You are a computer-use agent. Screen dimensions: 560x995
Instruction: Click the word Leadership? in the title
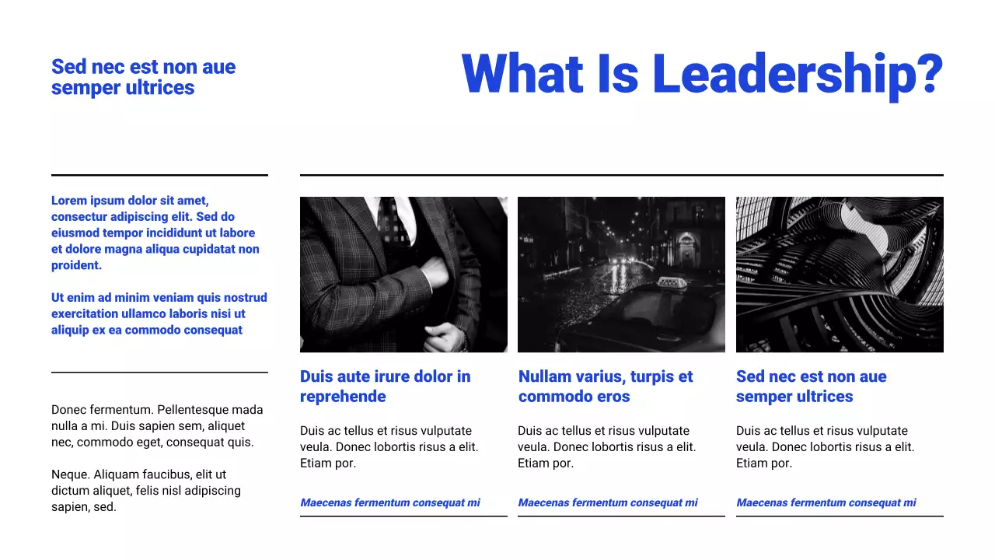coord(798,75)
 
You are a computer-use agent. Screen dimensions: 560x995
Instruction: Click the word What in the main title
coord(522,75)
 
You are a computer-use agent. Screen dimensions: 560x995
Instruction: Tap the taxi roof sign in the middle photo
coord(668,284)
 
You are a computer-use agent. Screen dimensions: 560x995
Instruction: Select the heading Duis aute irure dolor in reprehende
coord(385,387)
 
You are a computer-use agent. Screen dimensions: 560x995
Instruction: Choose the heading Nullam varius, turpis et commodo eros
coord(606,387)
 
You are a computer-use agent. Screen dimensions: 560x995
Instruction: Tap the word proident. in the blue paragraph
coord(76,265)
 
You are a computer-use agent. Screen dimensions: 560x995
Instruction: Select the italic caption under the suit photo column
coord(390,502)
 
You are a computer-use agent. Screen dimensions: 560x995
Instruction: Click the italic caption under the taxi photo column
coord(608,502)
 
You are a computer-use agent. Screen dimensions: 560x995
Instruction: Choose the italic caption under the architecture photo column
coord(826,502)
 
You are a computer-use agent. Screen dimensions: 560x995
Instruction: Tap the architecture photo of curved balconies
coord(840,275)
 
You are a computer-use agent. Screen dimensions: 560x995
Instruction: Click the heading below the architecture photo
coord(811,387)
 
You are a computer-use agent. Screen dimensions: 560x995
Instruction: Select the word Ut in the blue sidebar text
coord(58,298)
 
